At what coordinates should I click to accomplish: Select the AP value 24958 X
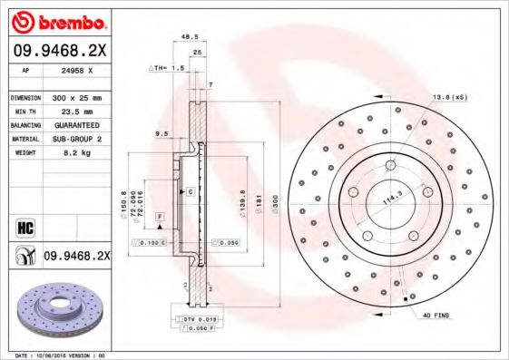click(x=74, y=69)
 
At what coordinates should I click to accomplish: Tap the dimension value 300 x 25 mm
click(x=76, y=97)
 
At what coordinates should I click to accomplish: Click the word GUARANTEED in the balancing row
click(x=75, y=125)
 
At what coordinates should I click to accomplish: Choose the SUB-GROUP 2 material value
click(x=75, y=139)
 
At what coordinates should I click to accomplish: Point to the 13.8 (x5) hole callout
click(x=448, y=96)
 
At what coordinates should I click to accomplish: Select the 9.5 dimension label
click(x=162, y=133)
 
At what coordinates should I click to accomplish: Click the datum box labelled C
click(x=191, y=192)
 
